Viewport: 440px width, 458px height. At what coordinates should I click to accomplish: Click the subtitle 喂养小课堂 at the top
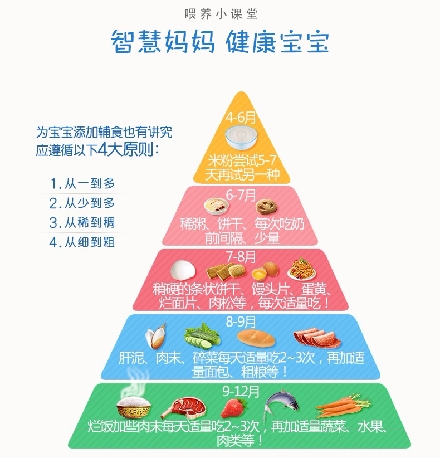221,14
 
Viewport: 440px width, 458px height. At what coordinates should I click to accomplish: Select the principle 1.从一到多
82,184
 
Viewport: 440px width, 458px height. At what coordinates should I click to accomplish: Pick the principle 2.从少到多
82,203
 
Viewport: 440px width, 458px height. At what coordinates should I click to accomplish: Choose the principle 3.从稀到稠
82,223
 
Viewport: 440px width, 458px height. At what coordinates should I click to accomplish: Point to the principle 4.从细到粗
82,242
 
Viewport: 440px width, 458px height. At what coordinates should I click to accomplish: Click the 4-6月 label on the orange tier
241,118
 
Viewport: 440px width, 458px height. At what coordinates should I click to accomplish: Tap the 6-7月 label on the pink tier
241,195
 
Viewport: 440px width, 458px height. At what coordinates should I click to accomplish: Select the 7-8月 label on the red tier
241,257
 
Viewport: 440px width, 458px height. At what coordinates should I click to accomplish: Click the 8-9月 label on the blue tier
241,321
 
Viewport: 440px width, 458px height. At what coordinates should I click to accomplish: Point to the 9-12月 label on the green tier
241,391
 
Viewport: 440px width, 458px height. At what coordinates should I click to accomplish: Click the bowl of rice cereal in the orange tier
241,137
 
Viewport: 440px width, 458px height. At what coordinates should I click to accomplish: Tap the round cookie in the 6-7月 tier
267,207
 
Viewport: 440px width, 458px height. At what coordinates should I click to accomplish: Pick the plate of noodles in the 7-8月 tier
302,269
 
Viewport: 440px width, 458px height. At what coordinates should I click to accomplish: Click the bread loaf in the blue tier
256,338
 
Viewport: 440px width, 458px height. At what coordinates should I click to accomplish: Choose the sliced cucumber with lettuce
202,336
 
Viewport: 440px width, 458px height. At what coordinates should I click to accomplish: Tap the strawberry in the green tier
233,408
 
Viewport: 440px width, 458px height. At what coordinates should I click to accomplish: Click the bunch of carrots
343,406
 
